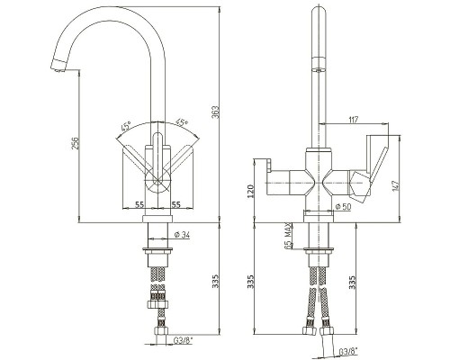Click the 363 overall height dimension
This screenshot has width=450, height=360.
point(216,112)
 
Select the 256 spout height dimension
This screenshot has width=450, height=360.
point(76,143)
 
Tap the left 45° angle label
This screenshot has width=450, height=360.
point(126,126)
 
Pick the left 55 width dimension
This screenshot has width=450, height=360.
point(139,204)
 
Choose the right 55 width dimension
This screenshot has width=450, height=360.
point(176,204)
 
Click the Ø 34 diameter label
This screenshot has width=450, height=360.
point(182,235)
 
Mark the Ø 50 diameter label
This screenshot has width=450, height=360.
point(343,206)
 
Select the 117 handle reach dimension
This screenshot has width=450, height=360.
point(354,120)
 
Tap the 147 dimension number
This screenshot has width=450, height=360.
point(395,186)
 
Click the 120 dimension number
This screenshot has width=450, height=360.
point(251,191)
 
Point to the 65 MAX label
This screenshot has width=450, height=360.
point(288,236)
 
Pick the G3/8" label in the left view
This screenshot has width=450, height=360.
point(184,340)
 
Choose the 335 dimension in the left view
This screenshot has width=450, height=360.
point(216,282)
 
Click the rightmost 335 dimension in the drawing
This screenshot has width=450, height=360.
point(353,282)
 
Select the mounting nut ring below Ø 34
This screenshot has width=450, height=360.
point(157,250)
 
